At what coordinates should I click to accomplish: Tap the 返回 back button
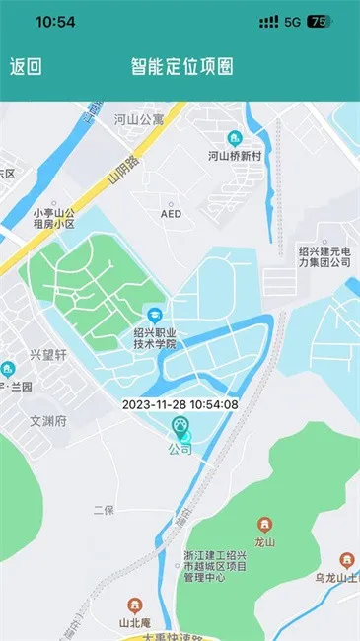pos(26,67)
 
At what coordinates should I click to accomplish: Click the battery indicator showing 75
pos(319,21)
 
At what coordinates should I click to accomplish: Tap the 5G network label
pos(292,21)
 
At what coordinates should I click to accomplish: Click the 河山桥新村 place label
pos(234,156)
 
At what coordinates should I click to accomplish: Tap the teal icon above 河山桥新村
pos(235,138)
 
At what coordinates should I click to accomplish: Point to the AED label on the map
pos(171,213)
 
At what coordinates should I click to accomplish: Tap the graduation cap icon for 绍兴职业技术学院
pos(154,314)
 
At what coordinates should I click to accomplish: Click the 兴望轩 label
pos(46,354)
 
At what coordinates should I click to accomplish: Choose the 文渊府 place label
pos(47,421)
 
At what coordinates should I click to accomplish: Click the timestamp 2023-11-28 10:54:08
pos(180,404)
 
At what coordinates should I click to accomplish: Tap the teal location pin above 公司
pos(180,427)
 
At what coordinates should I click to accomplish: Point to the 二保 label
pos(104,510)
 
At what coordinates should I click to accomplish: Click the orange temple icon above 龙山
pos(263,524)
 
